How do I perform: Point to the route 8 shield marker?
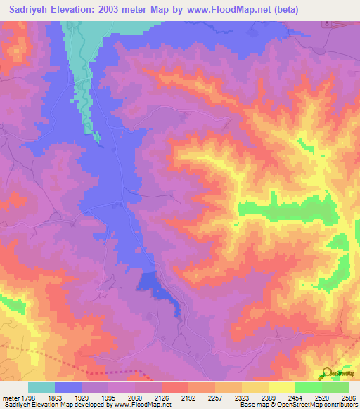[326, 24]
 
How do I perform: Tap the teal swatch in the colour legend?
[41, 387]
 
